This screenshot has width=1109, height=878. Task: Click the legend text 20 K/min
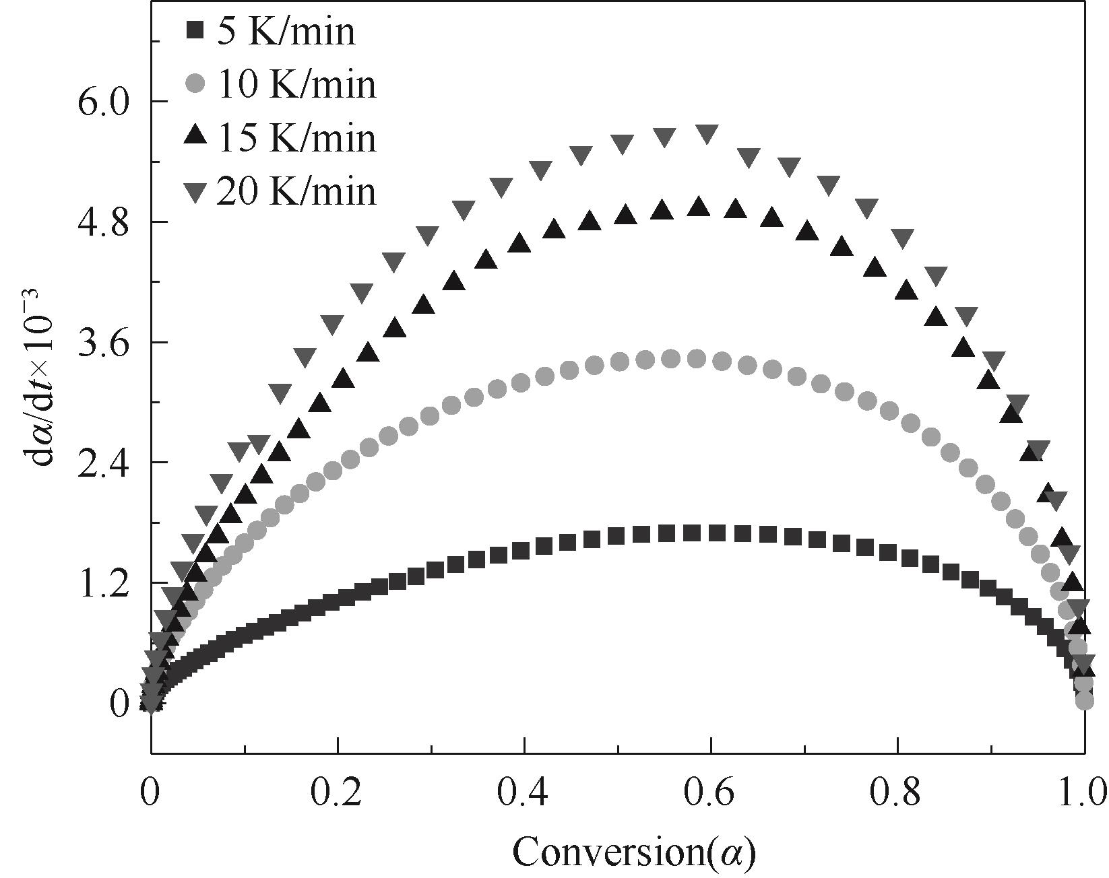[296, 191]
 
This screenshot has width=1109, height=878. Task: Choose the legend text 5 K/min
[286, 32]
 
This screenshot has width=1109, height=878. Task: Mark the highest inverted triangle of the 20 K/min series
[707, 134]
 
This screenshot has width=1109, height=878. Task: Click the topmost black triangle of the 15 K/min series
[699, 207]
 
